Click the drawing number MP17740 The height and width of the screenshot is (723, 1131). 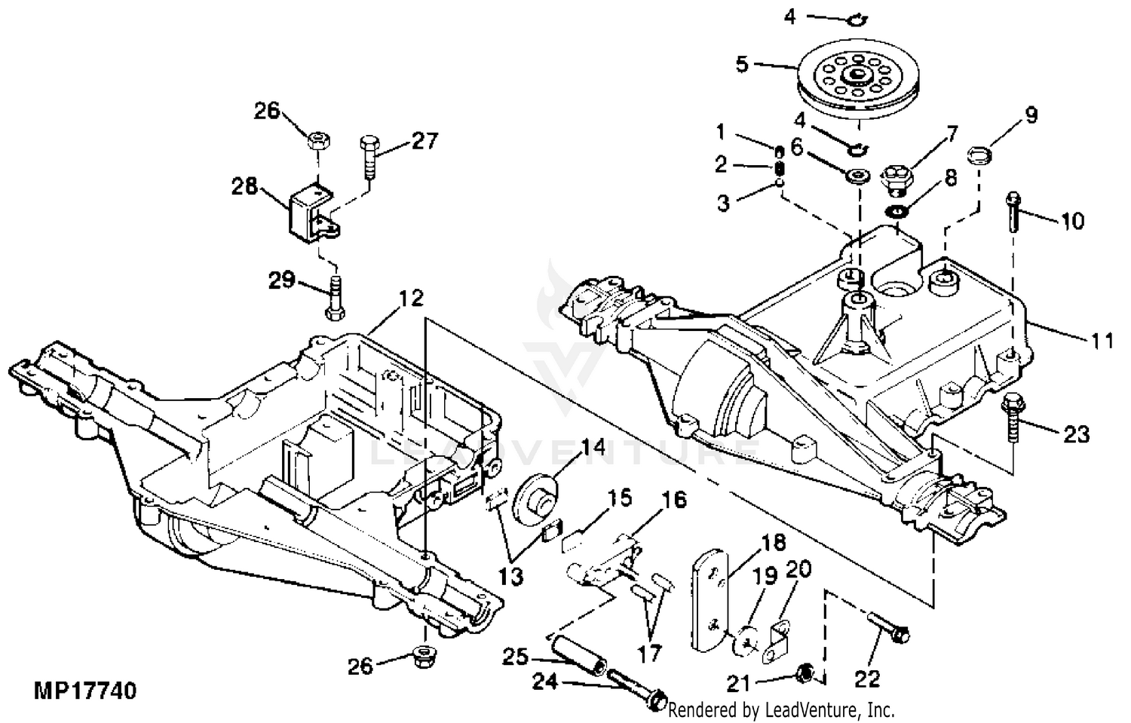pyautogui.click(x=84, y=690)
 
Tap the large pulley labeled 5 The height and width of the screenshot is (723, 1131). pyautogui.click(x=857, y=83)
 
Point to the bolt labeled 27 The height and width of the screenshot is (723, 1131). pyautogui.click(x=370, y=157)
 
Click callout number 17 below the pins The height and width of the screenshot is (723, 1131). pyautogui.click(x=649, y=654)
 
